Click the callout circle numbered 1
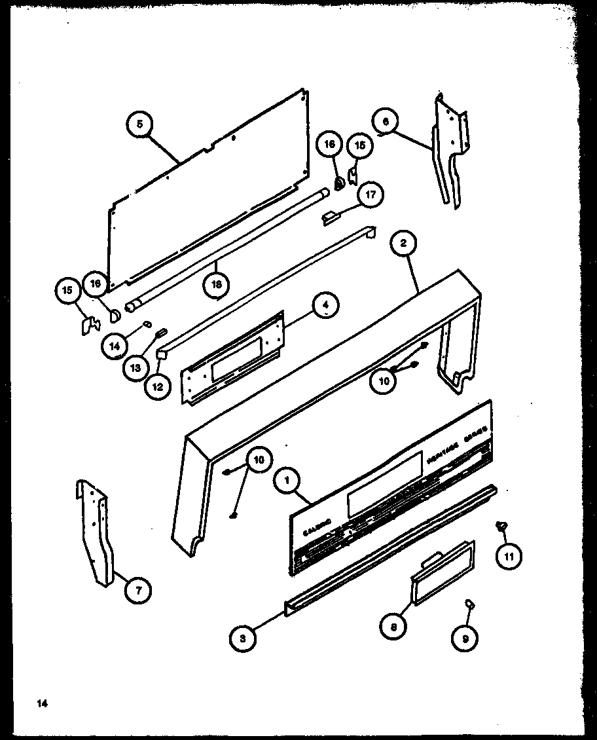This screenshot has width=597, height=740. (x=287, y=481)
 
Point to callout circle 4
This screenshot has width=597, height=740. (x=325, y=304)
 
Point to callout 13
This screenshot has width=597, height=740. (x=136, y=367)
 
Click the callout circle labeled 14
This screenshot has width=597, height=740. (x=115, y=345)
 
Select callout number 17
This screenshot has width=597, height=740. (x=371, y=194)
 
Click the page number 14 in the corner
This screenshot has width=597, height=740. (x=43, y=704)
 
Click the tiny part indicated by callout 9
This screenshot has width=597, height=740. (x=469, y=603)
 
